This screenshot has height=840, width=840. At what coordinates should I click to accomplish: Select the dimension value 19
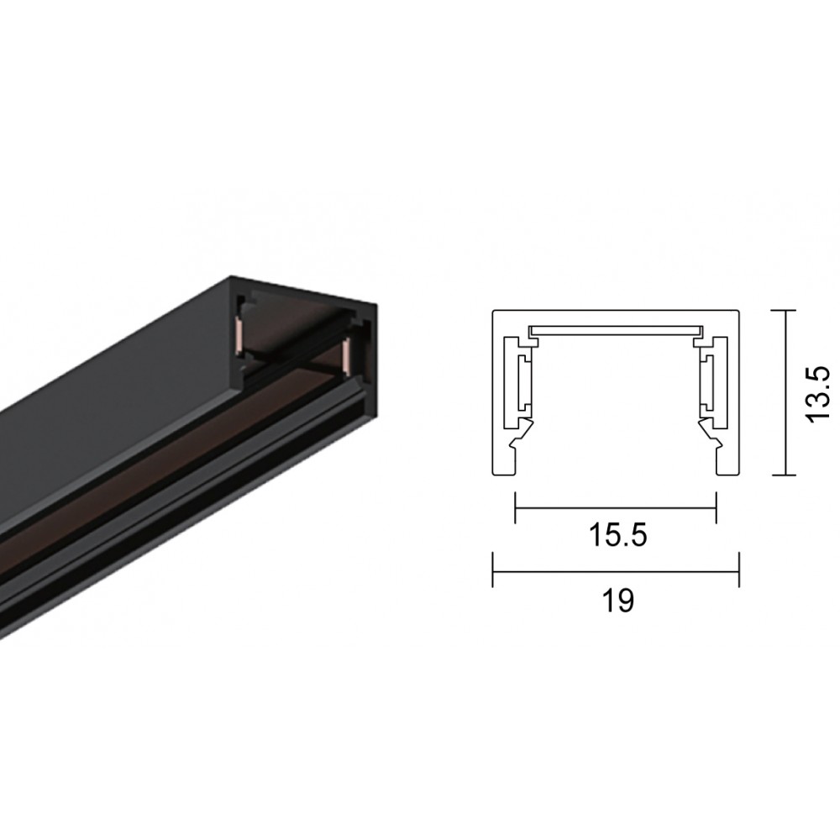tap(617, 601)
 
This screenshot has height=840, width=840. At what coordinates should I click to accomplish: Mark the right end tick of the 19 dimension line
tap(738, 569)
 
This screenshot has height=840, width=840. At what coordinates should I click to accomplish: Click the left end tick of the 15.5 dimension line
tap(515, 507)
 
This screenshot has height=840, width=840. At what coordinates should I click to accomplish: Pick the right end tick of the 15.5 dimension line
tap(716, 507)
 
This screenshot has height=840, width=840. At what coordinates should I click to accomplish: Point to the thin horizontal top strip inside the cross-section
tap(616, 328)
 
